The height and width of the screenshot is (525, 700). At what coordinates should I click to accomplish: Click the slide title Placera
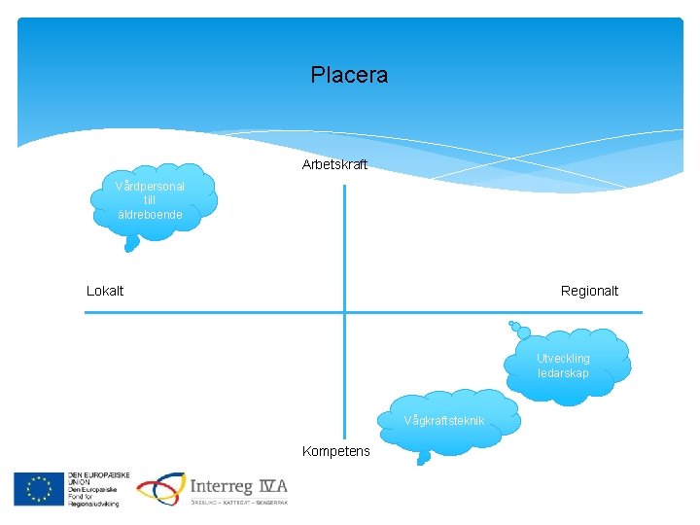349,75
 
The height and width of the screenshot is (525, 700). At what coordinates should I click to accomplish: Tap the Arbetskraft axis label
334,164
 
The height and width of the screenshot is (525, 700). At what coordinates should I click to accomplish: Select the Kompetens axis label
335,451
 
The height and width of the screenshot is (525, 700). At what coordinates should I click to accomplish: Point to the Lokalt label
105,291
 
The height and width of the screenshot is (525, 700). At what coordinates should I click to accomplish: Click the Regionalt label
589,291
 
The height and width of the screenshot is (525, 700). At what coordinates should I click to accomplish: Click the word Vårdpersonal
150,186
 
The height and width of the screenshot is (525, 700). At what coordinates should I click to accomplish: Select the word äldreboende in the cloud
150,214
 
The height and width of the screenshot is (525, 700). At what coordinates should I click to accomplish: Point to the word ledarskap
563,373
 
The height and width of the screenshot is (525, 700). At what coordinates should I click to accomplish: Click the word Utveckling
563,358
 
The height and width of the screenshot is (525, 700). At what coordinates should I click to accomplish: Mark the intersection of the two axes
344,312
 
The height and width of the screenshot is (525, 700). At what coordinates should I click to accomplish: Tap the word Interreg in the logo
222,486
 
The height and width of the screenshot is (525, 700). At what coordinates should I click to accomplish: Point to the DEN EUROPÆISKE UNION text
92,480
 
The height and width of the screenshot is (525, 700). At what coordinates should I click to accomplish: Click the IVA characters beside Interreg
273,486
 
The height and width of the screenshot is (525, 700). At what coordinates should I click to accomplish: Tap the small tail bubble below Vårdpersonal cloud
128,247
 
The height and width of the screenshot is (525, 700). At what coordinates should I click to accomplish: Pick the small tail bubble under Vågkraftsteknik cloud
422,459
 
